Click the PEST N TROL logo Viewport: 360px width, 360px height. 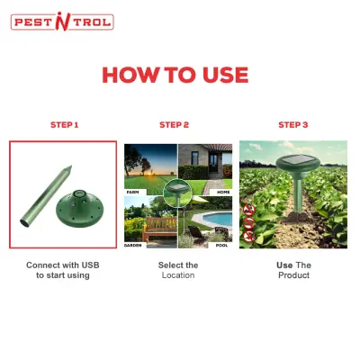62,22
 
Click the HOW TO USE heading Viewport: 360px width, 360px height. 175,75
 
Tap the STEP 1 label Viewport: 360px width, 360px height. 65,125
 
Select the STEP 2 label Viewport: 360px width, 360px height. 175,125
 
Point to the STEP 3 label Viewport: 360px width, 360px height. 293,125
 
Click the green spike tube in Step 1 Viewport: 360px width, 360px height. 46,196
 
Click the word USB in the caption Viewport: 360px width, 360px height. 91,265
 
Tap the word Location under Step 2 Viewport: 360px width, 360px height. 178,275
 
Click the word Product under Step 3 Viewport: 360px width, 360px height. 293,275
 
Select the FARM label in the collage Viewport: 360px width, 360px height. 132,192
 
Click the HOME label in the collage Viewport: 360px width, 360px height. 223,192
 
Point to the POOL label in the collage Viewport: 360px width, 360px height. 221,245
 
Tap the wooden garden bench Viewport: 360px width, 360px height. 159,229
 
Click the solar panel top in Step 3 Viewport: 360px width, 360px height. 299,159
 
